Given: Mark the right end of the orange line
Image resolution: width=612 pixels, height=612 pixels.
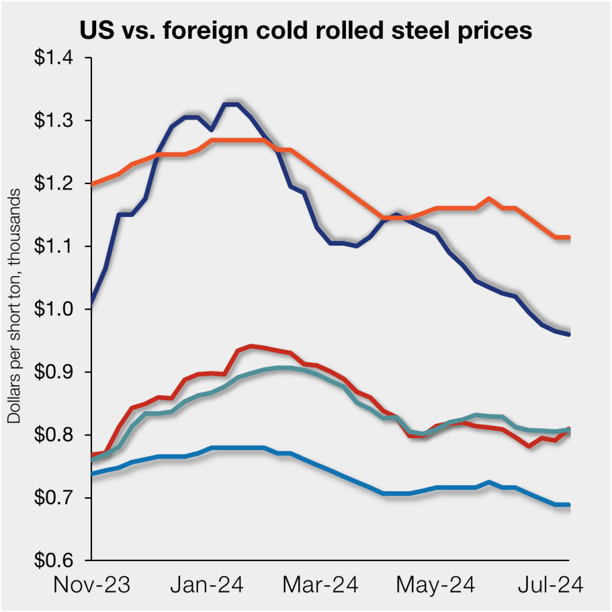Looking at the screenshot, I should [x=568, y=237].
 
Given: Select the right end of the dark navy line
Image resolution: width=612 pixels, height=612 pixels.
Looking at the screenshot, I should [x=568, y=334].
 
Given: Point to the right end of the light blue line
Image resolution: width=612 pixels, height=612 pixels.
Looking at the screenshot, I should [x=568, y=505].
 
